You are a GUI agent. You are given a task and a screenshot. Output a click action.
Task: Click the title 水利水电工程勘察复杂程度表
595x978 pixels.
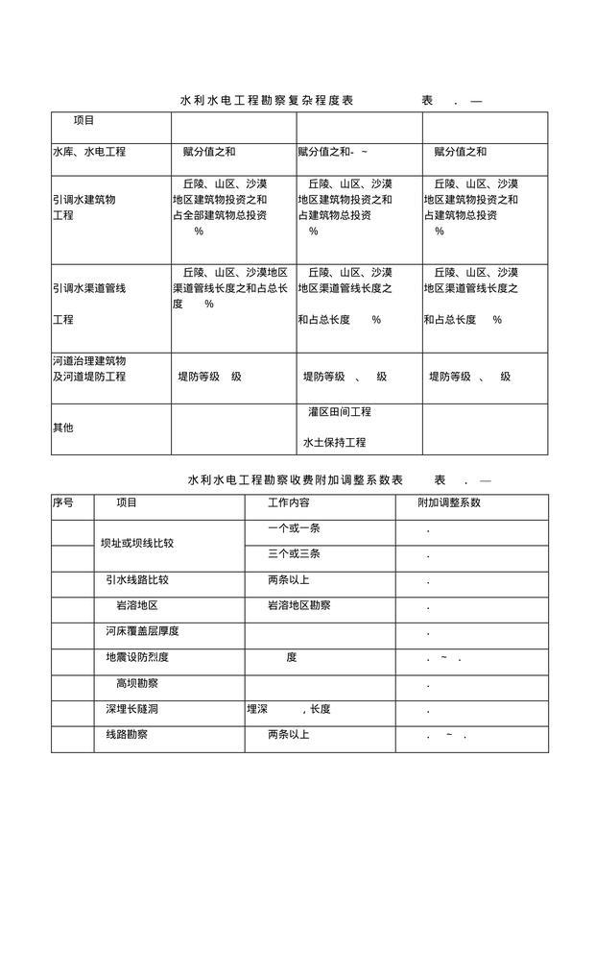(x=267, y=101)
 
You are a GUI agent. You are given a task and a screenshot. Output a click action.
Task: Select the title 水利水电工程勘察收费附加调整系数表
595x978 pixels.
(x=296, y=479)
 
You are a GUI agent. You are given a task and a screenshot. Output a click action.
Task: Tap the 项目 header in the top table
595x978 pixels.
(x=84, y=121)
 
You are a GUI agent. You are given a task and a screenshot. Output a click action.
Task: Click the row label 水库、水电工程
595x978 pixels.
(x=89, y=152)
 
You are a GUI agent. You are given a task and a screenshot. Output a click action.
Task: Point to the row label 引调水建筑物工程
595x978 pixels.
(x=83, y=208)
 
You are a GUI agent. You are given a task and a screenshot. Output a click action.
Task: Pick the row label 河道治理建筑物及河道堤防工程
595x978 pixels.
(x=89, y=369)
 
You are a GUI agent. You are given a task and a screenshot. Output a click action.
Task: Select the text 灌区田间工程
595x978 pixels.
(x=340, y=412)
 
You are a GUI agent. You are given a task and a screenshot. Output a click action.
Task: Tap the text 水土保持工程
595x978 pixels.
(x=335, y=443)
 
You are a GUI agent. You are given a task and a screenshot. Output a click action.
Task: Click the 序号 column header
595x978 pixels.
(x=62, y=502)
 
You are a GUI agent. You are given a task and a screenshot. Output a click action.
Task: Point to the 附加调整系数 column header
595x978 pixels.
(x=449, y=502)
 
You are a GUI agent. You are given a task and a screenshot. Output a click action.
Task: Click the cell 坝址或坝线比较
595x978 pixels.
(x=137, y=543)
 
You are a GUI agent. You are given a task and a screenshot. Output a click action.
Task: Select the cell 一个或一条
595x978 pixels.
(x=295, y=529)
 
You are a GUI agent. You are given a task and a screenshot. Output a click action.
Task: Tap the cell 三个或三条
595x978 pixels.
(x=295, y=554)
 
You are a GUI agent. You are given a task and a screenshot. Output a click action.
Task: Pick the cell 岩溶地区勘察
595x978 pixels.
(x=299, y=605)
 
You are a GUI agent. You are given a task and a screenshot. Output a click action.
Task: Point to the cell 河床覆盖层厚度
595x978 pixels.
(x=143, y=631)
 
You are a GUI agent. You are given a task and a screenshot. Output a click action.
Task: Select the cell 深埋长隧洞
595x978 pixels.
(x=132, y=709)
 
